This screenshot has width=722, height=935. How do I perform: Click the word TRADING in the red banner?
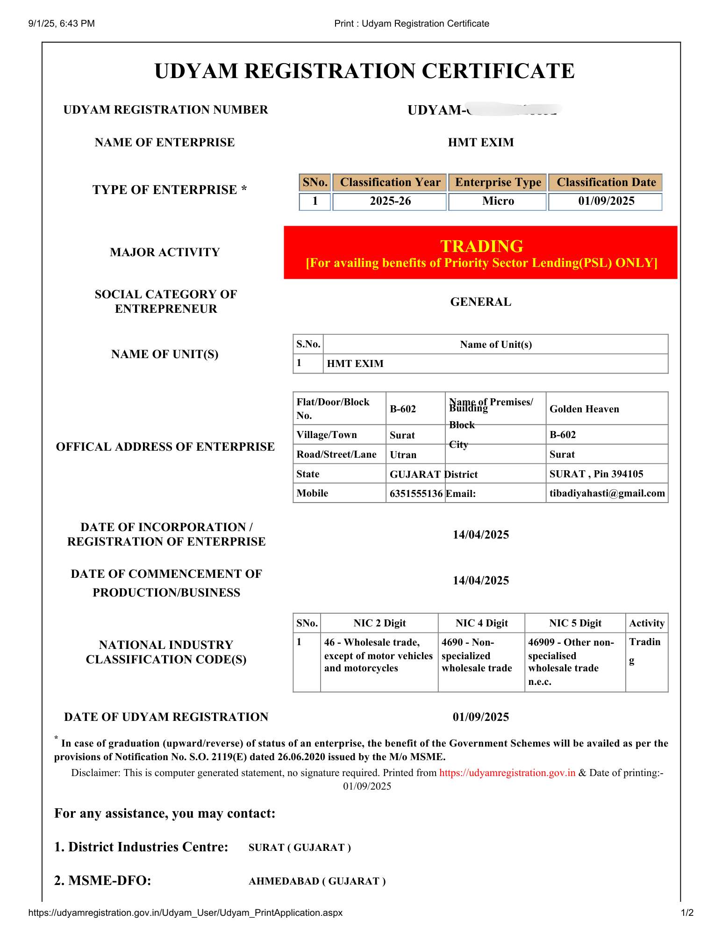(x=482, y=246)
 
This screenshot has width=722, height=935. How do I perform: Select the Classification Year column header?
(x=390, y=182)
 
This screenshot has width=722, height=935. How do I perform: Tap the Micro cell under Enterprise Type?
(x=498, y=201)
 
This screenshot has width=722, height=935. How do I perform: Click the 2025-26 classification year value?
(x=390, y=201)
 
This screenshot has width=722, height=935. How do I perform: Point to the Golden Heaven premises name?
(x=584, y=409)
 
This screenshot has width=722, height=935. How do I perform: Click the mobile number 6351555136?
(x=416, y=493)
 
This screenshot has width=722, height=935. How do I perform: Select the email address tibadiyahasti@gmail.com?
(x=607, y=493)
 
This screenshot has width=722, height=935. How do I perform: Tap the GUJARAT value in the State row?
(x=415, y=474)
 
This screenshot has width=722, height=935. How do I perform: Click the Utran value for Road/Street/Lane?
(x=403, y=454)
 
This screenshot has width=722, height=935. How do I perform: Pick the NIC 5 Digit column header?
(x=575, y=623)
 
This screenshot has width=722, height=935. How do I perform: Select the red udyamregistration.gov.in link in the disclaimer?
(x=507, y=773)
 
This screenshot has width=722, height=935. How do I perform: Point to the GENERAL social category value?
(x=480, y=302)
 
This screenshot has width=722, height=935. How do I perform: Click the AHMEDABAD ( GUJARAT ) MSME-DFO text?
(x=317, y=881)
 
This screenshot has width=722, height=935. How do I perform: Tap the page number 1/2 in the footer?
(x=687, y=913)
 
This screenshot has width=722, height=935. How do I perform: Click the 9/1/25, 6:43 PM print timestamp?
(x=61, y=23)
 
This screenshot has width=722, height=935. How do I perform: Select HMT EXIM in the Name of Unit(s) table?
(x=355, y=364)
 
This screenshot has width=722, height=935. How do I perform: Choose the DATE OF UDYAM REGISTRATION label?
(x=166, y=717)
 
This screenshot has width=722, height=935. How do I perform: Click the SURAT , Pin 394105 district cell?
(x=596, y=474)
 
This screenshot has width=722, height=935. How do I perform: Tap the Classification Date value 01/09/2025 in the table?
(x=606, y=201)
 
